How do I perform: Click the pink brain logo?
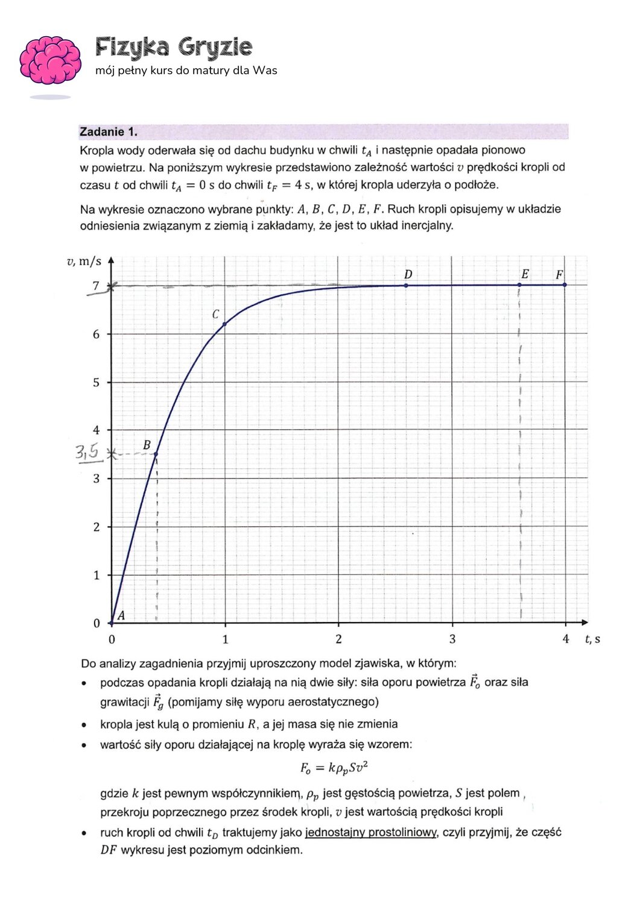[51, 60]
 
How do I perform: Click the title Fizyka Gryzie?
[174, 47]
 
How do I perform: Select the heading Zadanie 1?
[109, 132]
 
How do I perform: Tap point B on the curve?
[156, 454]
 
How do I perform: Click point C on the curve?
[224, 324]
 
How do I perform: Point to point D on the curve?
[406, 285]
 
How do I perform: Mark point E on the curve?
[519, 284]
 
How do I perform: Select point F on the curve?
[565, 284]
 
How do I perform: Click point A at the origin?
[112, 623]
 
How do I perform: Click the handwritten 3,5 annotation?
[87, 452]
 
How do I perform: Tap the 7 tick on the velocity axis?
[96, 286]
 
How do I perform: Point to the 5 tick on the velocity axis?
[96, 382]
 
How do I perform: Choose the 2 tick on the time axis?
[338, 639]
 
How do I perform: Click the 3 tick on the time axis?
[452, 639]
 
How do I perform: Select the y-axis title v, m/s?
[84, 262]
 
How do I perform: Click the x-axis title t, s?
[592, 639]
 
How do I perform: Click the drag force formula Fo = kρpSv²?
[334, 768]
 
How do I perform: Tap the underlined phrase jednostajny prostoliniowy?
[371, 832]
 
